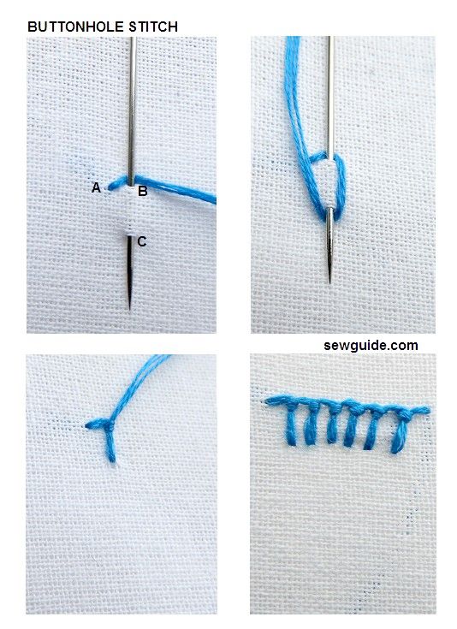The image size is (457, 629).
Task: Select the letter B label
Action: [x=143, y=192]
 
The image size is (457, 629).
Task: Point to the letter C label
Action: [x=141, y=242]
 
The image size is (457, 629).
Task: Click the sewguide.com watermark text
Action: [x=371, y=346]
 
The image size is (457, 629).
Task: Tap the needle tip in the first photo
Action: [x=130, y=306]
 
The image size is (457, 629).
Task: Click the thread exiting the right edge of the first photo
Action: [x=211, y=199]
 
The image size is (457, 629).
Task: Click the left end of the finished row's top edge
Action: [x=268, y=400]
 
